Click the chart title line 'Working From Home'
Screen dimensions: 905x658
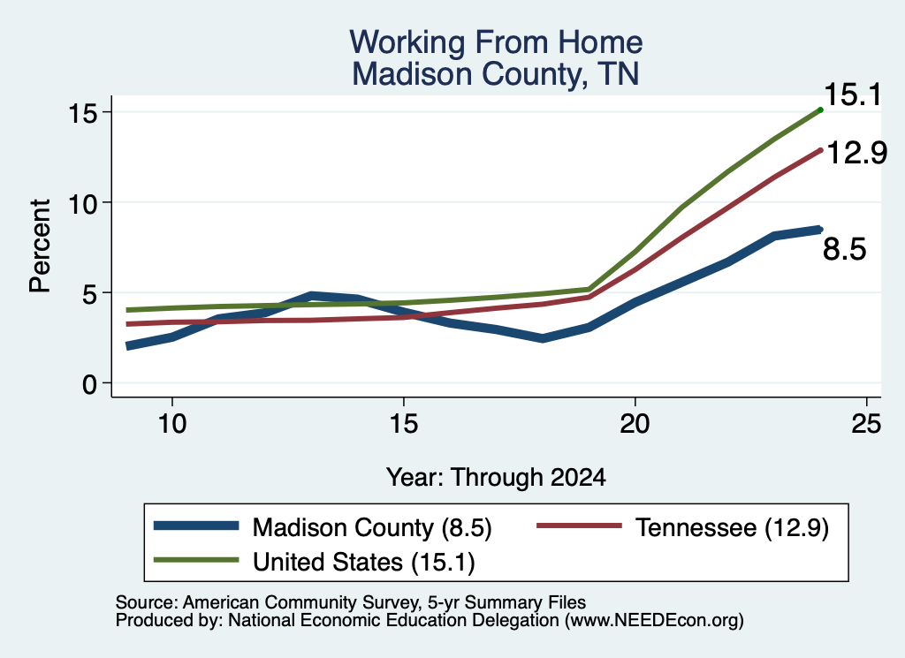pos(496,42)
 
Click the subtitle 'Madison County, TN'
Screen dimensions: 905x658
pos(496,74)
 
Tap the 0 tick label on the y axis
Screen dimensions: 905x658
pos(90,384)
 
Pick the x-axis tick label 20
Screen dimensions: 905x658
pos(635,424)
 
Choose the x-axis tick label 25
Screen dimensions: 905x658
pos(866,424)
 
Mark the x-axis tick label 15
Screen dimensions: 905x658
pos(403,424)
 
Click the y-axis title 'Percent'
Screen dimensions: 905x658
pos(41,246)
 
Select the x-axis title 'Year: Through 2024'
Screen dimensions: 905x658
pos(496,478)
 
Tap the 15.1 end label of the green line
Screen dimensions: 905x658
pos(853,95)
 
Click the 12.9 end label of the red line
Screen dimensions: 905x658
pos(857,153)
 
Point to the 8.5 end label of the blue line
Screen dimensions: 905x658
pos(844,250)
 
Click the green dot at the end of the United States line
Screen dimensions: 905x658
pos(820,110)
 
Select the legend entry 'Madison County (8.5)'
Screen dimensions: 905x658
pos(372,527)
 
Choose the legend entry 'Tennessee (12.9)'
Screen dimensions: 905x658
pos(733,527)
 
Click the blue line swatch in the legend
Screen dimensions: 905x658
pos(196,526)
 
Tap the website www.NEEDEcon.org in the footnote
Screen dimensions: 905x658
pos(653,621)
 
